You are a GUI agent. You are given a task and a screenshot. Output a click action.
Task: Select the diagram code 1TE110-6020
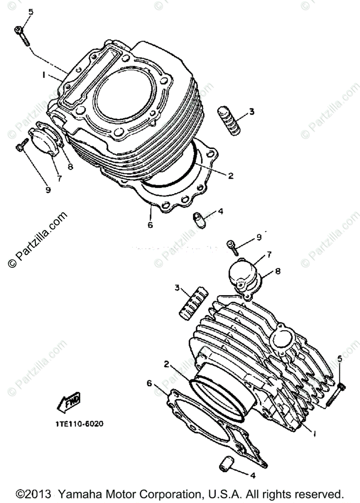tap(78, 423)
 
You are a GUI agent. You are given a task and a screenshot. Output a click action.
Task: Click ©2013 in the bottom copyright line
tap(34, 493)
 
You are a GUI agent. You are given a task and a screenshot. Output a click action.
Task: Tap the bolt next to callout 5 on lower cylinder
tap(336, 394)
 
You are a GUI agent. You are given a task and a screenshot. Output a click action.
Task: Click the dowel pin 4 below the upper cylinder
tap(198, 220)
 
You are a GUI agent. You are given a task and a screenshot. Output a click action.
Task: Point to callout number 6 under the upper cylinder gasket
tap(150, 225)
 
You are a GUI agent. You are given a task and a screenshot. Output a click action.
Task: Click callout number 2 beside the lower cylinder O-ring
tap(166, 364)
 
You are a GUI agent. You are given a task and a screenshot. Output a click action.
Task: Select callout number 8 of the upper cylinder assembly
tap(70, 167)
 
